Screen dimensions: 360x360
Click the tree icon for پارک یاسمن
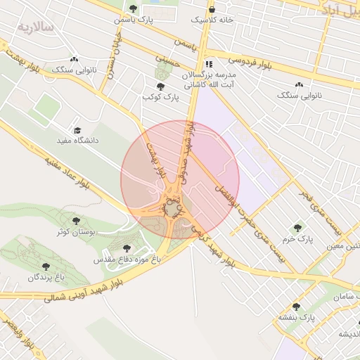tap(134, 8)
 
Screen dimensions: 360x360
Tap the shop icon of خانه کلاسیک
tap(212, 9)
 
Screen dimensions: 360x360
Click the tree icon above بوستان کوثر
tap(76, 220)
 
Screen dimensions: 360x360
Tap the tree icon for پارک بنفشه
tap(296, 307)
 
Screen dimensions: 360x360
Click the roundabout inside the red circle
tap(172, 208)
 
